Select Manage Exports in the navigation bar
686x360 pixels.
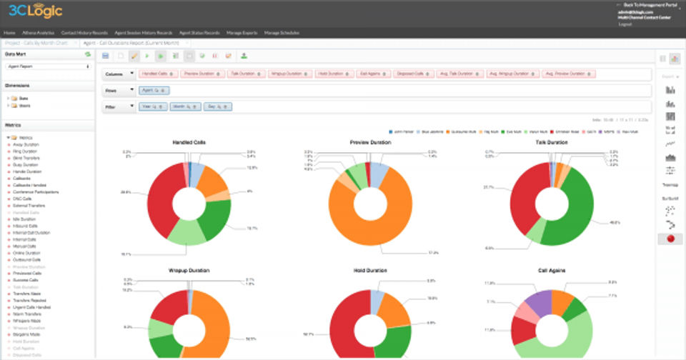pyautogui.click(x=242, y=33)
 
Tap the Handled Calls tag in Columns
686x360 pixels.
pyautogui.click(x=156, y=73)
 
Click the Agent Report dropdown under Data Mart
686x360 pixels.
pyautogui.click(x=47, y=66)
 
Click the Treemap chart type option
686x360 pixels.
pyautogui.click(x=670, y=184)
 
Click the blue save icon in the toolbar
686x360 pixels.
pyautogui.click(x=106, y=55)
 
